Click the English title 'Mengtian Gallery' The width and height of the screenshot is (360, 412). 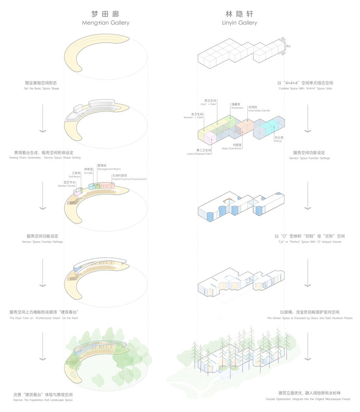point(105,22)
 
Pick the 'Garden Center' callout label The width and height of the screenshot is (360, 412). point(66,186)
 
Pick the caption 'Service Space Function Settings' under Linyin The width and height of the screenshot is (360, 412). point(309,158)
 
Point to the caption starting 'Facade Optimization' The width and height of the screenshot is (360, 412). point(309,399)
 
